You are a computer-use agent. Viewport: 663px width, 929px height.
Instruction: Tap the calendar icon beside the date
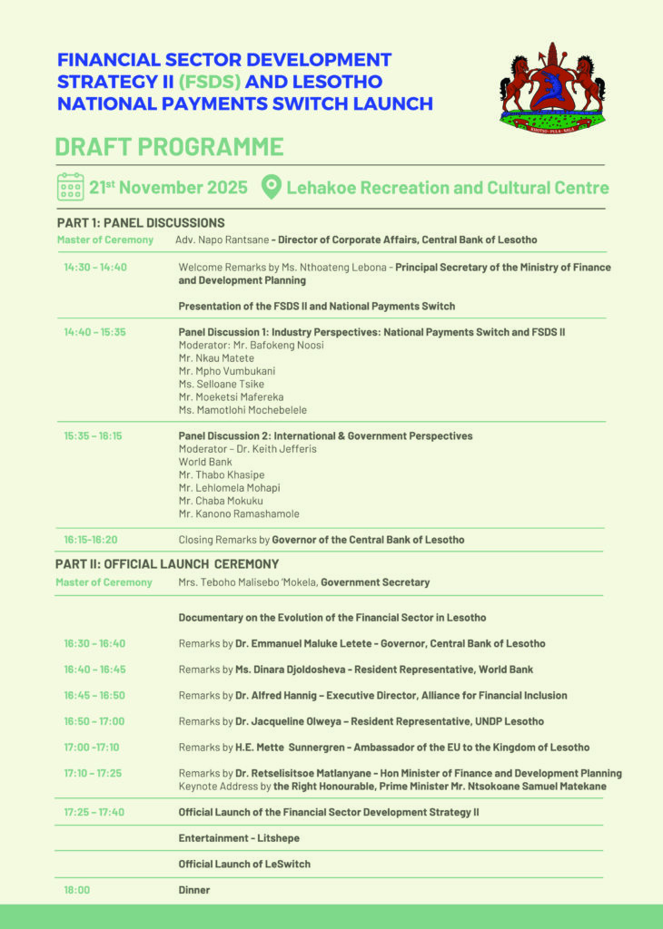click(70, 187)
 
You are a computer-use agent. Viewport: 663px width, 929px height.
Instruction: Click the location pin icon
click(270, 188)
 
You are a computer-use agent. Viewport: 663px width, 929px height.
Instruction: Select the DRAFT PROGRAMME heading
click(169, 147)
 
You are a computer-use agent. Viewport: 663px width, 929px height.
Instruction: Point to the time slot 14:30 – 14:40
click(95, 268)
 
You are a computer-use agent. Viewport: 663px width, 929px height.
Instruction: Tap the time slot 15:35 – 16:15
click(93, 436)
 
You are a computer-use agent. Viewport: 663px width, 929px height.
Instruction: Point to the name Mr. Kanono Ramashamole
click(239, 514)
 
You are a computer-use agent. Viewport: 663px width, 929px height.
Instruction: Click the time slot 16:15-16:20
click(91, 540)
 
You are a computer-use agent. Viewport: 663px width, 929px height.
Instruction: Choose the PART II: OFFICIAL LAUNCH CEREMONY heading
click(168, 564)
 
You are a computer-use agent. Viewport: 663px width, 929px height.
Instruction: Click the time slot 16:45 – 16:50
click(94, 696)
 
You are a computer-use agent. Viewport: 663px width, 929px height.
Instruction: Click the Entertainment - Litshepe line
click(239, 838)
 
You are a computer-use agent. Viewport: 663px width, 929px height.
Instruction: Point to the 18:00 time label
click(77, 890)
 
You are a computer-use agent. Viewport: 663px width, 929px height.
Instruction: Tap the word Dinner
click(194, 890)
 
